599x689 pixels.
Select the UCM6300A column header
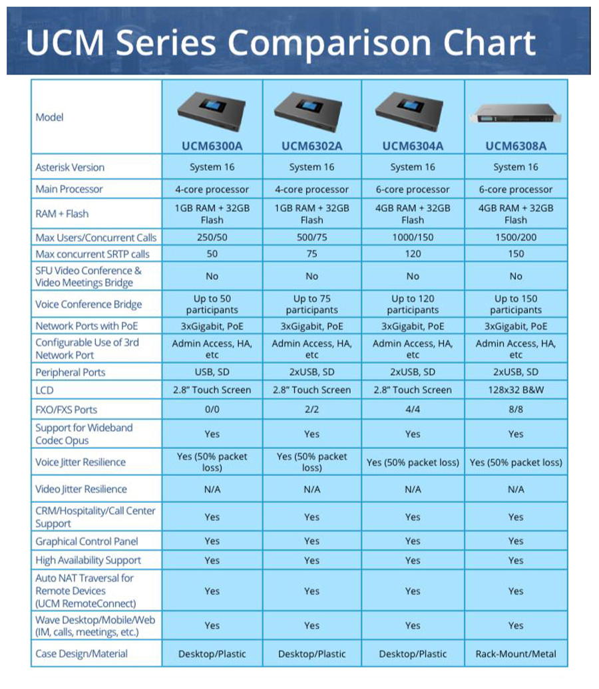(x=212, y=146)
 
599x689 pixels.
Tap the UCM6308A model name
(x=516, y=146)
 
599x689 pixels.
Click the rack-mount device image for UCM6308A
(x=516, y=114)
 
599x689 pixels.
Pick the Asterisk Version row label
(x=70, y=167)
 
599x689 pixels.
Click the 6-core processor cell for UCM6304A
(x=413, y=190)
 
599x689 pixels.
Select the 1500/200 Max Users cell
(x=516, y=237)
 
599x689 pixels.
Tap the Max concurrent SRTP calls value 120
(x=413, y=254)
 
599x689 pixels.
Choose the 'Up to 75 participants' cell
(x=311, y=305)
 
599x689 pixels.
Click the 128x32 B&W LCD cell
(x=516, y=390)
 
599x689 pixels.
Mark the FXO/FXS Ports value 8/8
(x=516, y=410)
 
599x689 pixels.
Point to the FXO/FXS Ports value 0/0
(x=212, y=410)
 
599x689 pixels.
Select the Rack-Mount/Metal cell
(x=516, y=654)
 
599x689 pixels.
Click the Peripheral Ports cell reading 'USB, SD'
(x=212, y=372)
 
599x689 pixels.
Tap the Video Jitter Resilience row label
(x=81, y=489)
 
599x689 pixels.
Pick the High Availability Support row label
(x=88, y=561)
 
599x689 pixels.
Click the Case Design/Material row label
(x=81, y=654)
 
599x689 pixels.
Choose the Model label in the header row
(x=49, y=117)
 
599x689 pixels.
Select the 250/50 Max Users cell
(x=212, y=237)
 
